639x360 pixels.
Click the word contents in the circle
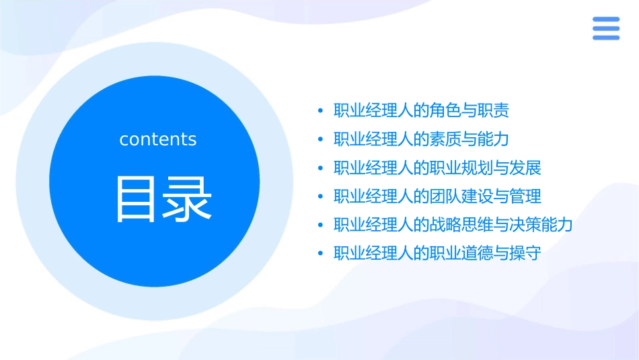[x=158, y=139]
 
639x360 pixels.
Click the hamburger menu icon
[x=605, y=28]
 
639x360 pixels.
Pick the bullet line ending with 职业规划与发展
[x=437, y=168]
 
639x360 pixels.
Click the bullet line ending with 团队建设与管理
[x=437, y=196]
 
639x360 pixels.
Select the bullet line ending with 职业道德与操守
[x=437, y=254]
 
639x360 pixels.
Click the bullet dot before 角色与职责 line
[x=320, y=110]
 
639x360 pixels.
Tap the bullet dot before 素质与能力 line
[x=320, y=139]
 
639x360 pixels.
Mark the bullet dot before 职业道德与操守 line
[x=320, y=254]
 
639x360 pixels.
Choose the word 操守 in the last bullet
[x=525, y=254]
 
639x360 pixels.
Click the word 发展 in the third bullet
[x=525, y=168]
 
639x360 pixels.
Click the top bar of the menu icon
[x=605, y=20]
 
